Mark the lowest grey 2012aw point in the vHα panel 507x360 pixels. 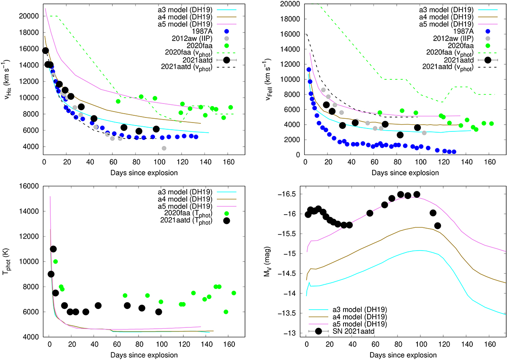pyautogui.click(x=164, y=148)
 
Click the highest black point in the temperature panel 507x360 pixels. pyautogui.click(x=53, y=249)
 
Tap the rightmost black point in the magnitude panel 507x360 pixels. pyautogui.click(x=438, y=226)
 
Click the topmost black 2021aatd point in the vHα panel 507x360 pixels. pyautogui.click(x=46, y=51)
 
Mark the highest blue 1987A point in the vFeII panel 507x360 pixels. pyautogui.click(x=309, y=70)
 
